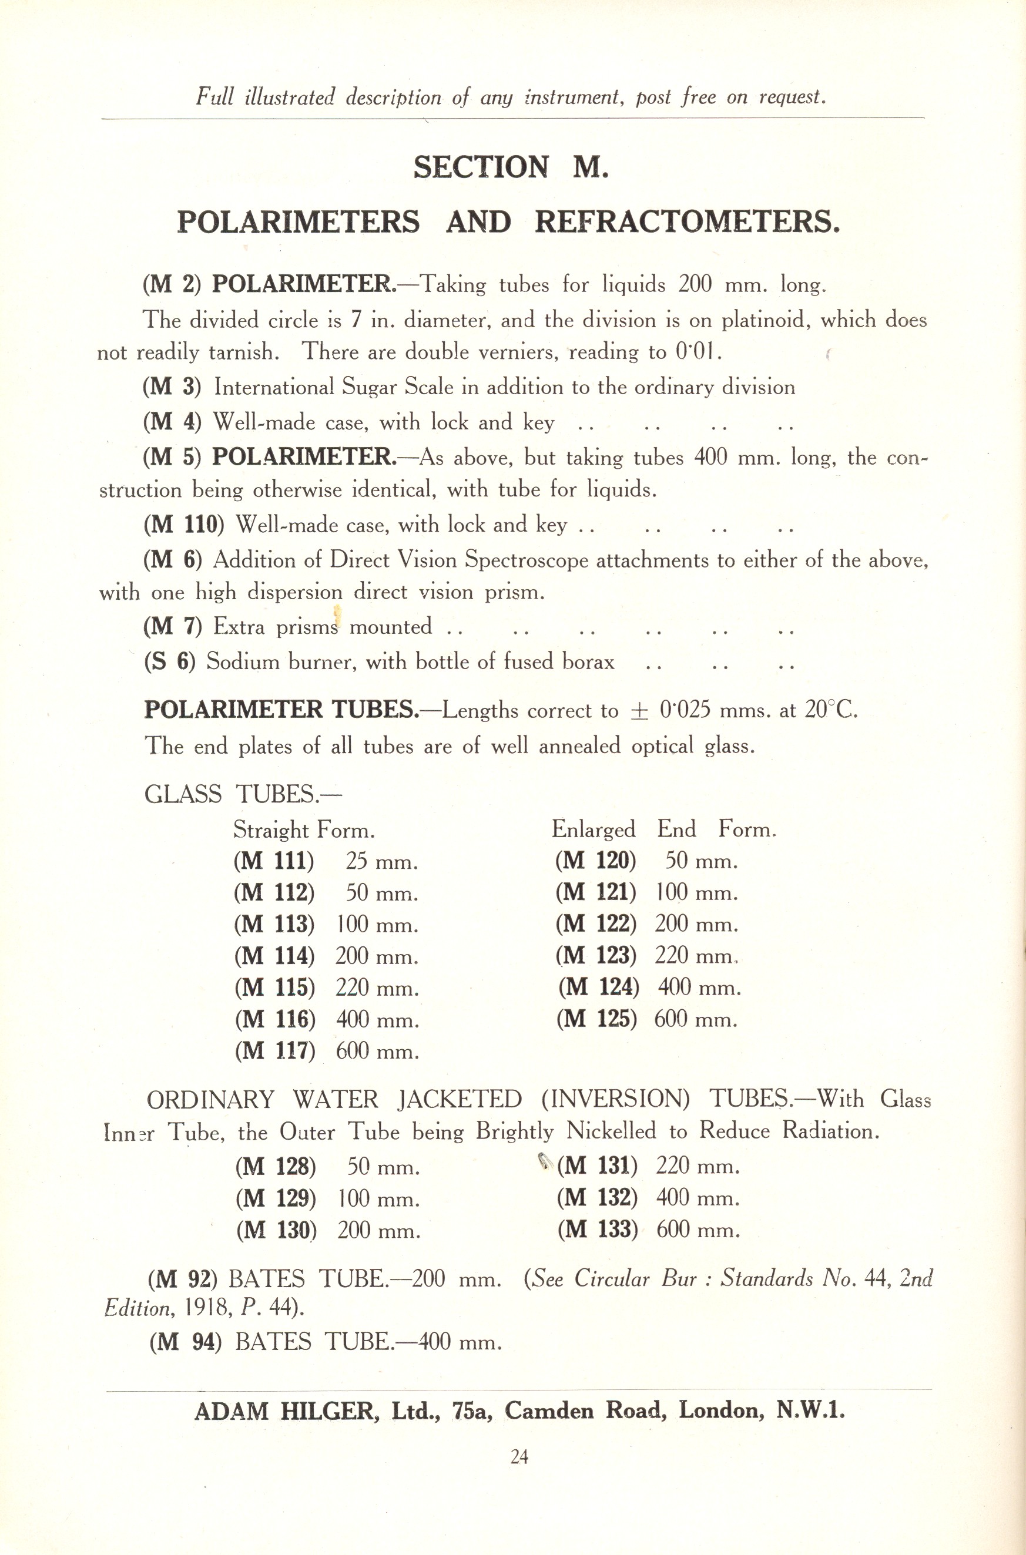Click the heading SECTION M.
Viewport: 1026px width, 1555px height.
(x=511, y=167)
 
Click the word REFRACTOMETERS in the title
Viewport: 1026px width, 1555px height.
(x=686, y=223)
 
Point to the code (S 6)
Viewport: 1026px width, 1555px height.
(x=169, y=662)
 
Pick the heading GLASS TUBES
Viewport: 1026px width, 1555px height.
(x=242, y=794)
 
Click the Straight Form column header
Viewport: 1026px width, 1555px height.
(x=304, y=830)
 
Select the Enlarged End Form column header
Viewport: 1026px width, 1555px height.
(x=663, y=829)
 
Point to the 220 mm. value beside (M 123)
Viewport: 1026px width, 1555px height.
(x=696, y=956)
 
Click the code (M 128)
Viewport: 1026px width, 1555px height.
(x=276, y=1167)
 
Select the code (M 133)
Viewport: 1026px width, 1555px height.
(x=598, y=1230)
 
